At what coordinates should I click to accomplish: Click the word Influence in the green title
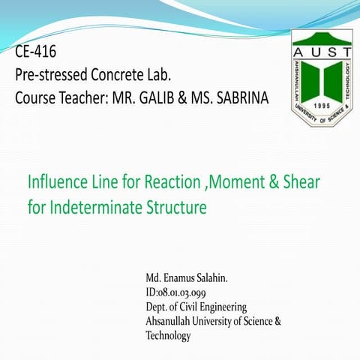tap(57, 182)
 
